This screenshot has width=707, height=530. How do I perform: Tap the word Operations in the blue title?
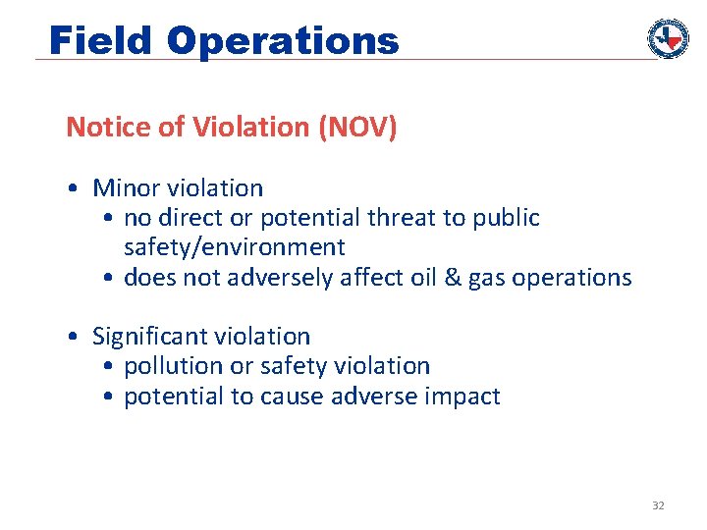[283, 41]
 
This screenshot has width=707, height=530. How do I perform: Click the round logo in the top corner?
[668, 38]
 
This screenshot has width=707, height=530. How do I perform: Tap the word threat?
[402, 217]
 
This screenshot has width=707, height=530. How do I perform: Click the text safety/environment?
[234, 247]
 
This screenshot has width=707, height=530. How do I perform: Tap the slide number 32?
[658, 505]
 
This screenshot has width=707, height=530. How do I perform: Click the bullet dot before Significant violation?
[75, 337]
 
